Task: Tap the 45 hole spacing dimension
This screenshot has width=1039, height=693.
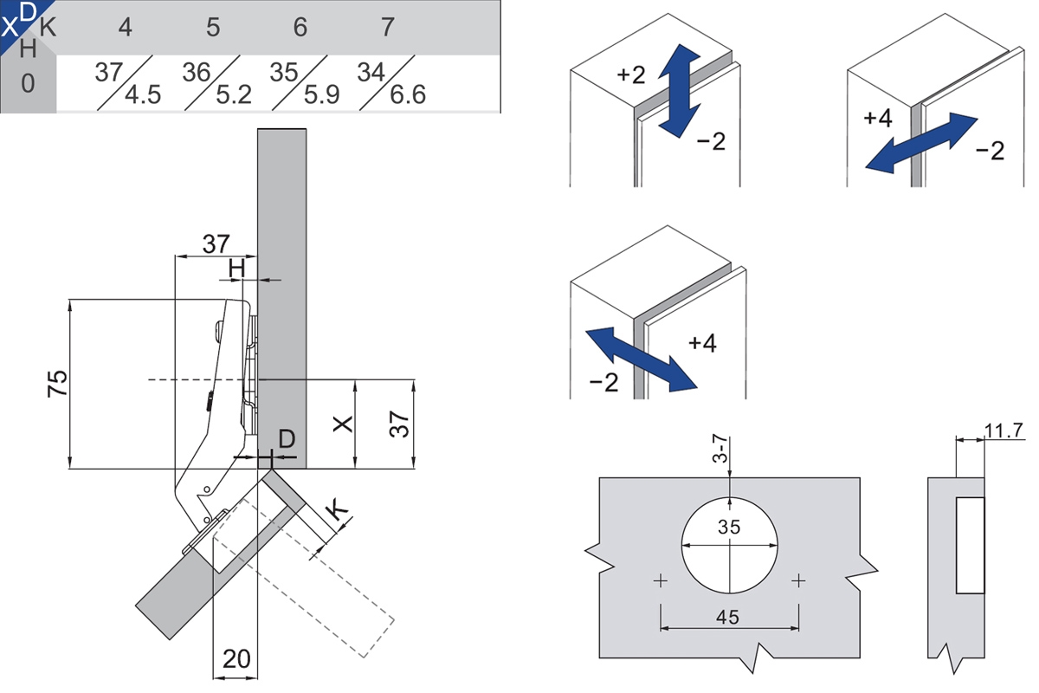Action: point(729,617)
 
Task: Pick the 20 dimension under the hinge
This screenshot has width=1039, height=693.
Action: point(235,659)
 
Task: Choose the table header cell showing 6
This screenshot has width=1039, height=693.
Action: point(300,28)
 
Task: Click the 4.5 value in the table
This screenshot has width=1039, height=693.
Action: point(142,94)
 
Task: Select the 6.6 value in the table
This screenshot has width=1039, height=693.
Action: point(408,94)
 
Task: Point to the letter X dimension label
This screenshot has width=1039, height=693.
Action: point(344,424)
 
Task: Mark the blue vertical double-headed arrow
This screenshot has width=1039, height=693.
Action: point(679,89)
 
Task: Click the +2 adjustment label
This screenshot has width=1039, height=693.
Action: point(631,74)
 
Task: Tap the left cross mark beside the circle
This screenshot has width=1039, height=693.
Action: point(661,580)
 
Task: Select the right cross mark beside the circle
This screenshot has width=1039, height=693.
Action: point(797,580)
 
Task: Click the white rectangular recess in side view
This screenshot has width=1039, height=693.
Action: point(970,546)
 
